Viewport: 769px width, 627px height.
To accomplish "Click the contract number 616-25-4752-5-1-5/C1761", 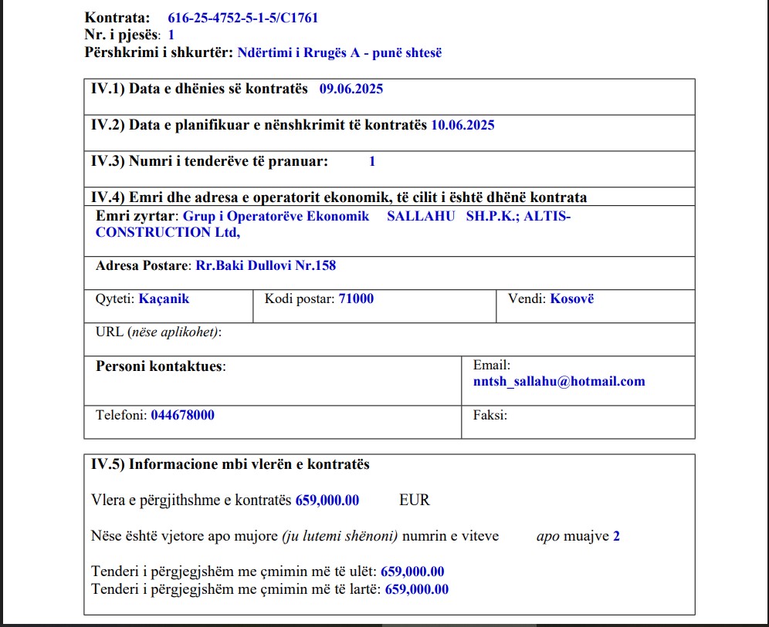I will pos(242,18).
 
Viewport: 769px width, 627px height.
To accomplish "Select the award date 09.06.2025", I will pos(351,89).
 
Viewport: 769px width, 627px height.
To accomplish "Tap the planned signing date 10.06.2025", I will pos(462,125).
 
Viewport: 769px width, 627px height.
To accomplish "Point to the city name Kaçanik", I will pos(164,298).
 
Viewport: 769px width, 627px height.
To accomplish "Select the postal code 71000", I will pos(356,298).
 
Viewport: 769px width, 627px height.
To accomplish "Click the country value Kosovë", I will pos(572,298).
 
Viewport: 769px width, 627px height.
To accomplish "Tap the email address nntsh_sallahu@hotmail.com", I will pos(559,381).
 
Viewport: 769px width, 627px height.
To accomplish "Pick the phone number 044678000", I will pos(182,415).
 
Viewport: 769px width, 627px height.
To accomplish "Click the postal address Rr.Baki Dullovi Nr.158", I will pos(266,266).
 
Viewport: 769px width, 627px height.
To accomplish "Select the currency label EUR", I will pos(415,500).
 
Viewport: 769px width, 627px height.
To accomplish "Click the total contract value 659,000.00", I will pos(327,500).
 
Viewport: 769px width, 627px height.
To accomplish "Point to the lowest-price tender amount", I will pos(412,571).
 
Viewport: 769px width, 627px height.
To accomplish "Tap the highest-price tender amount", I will pos(416,589).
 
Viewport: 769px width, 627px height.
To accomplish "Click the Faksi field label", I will pos(490,415).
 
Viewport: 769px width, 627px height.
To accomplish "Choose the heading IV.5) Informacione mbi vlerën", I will pos(230,464).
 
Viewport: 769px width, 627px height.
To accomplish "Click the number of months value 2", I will pos(616,536).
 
